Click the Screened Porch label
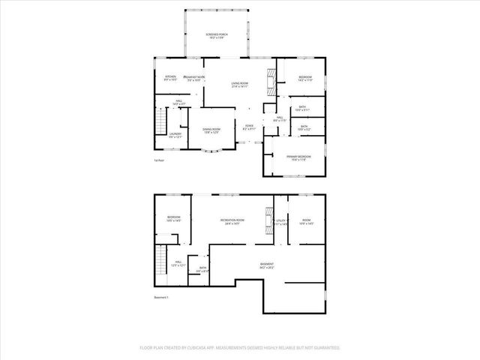coord(217,37)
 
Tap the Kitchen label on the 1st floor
coord(170,78)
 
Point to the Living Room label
coord(239,85)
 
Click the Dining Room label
coord(211,130)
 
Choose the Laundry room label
coord(175,134)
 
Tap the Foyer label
coord(249,127)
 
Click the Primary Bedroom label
coord(298,157)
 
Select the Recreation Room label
coord(232,221)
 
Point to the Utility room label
coord(281,223)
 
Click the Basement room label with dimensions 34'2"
coord(266,265)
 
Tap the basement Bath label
coord(200,271)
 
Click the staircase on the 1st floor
coord(160,120)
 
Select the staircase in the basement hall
coord(160,263)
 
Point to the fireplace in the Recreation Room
coord(267,219)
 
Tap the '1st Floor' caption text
coord(158,160)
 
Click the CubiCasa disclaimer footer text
coord(240,348)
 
